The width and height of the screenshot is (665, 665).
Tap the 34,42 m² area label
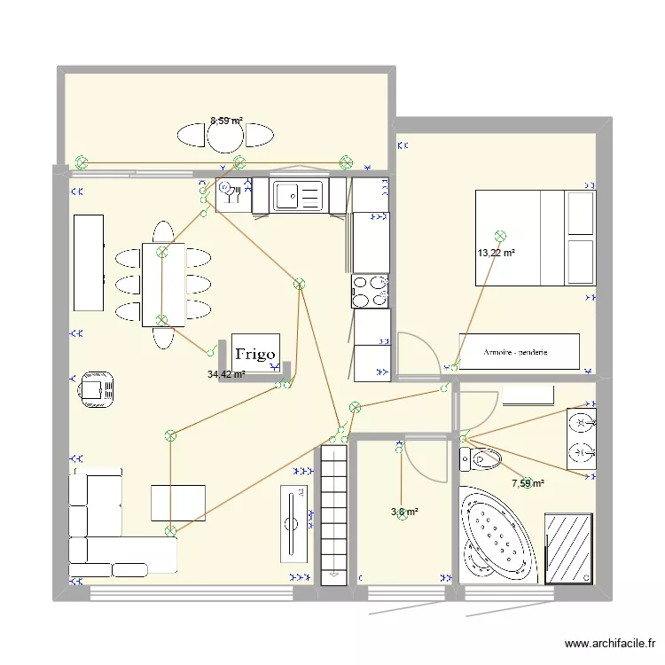(226, 375)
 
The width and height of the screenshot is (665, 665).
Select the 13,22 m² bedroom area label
(497, 253)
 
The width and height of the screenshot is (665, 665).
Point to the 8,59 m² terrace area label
(226, 121)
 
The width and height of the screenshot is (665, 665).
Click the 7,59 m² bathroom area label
(528, 483)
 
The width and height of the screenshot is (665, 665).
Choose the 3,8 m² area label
(404, 512)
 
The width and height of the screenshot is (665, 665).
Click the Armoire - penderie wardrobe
(519, 352)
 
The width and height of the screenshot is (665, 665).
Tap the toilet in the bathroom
(481, 459)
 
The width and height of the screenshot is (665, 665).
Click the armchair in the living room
(96, 388)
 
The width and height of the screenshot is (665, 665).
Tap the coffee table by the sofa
(178, 503)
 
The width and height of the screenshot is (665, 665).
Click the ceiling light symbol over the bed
(501, 236)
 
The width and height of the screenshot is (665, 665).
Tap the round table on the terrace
(225, 135)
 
